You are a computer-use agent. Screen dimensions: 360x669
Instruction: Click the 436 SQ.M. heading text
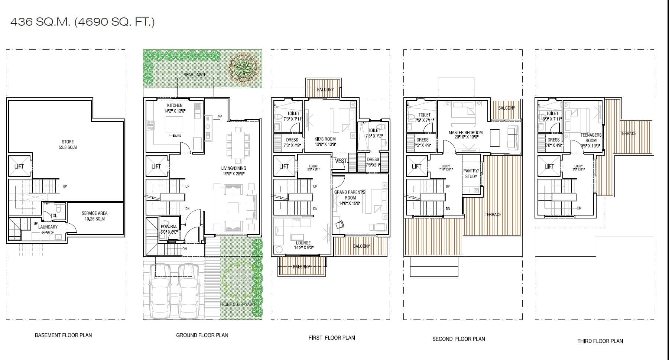(82, 22)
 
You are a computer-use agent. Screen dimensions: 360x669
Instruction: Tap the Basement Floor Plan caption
(63, 335)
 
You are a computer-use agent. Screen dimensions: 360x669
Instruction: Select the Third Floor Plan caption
(600, 341)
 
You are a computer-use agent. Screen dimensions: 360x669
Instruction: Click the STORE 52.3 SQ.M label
(68, 145)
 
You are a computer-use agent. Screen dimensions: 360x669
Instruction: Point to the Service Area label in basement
(94, 216)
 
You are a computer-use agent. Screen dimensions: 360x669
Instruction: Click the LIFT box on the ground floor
(156, 166)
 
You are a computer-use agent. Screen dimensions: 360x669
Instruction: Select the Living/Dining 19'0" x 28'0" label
(234, 171)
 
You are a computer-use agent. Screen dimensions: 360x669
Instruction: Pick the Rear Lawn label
(194, 75)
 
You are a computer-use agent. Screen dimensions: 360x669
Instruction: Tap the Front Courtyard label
(237, 304)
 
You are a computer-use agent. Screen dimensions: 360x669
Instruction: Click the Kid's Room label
(325, 142)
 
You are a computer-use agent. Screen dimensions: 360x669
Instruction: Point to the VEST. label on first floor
(341, 161)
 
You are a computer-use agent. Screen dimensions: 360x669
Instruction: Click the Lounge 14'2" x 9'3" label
(303, 245)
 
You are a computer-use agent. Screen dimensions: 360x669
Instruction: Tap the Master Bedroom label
(465, 134)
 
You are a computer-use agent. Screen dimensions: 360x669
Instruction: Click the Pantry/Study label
(471, 173)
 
